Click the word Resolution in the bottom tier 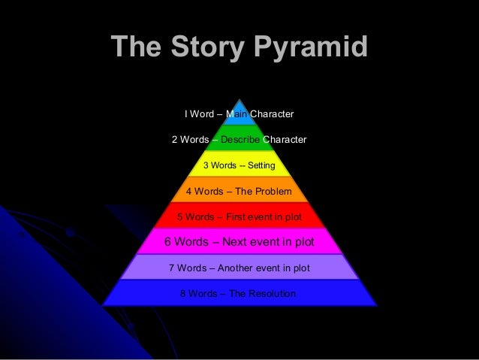tap(262, 293)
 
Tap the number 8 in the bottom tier tap(182, 293)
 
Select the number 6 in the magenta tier tap(168, 242)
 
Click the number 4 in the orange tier tap(189, 191)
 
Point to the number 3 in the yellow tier tap(206, 165)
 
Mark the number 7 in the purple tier tap(172, 268)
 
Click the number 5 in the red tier tap(179, 217)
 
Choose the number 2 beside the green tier tap(175, 140)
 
